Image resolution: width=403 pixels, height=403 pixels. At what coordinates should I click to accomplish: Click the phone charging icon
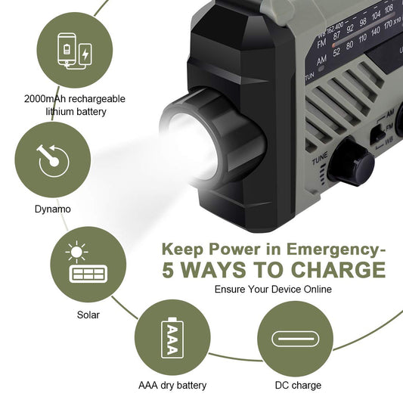pyautogui.click(x=73, y=52)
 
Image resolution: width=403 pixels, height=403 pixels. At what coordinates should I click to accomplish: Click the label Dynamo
pyautogui.click(x=52, y=209)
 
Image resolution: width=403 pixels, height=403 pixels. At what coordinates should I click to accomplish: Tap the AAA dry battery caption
pyautogui.click(x=172, y=386)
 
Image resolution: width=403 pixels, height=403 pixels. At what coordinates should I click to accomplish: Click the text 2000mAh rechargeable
pyautogui.click(x=74, y=99)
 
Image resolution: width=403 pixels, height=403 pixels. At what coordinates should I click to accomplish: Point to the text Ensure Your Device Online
pyautogui.click(x=273, y=290)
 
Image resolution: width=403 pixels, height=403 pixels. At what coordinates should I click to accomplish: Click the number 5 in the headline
pyautogui.click(x=168, y=270)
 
